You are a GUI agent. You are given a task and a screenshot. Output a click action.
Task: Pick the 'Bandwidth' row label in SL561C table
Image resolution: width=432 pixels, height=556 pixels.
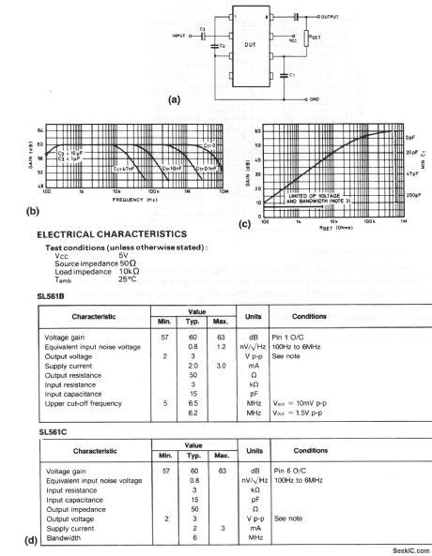point(62,537)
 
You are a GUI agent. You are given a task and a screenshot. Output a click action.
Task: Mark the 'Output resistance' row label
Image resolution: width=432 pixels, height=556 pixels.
point(72,376)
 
